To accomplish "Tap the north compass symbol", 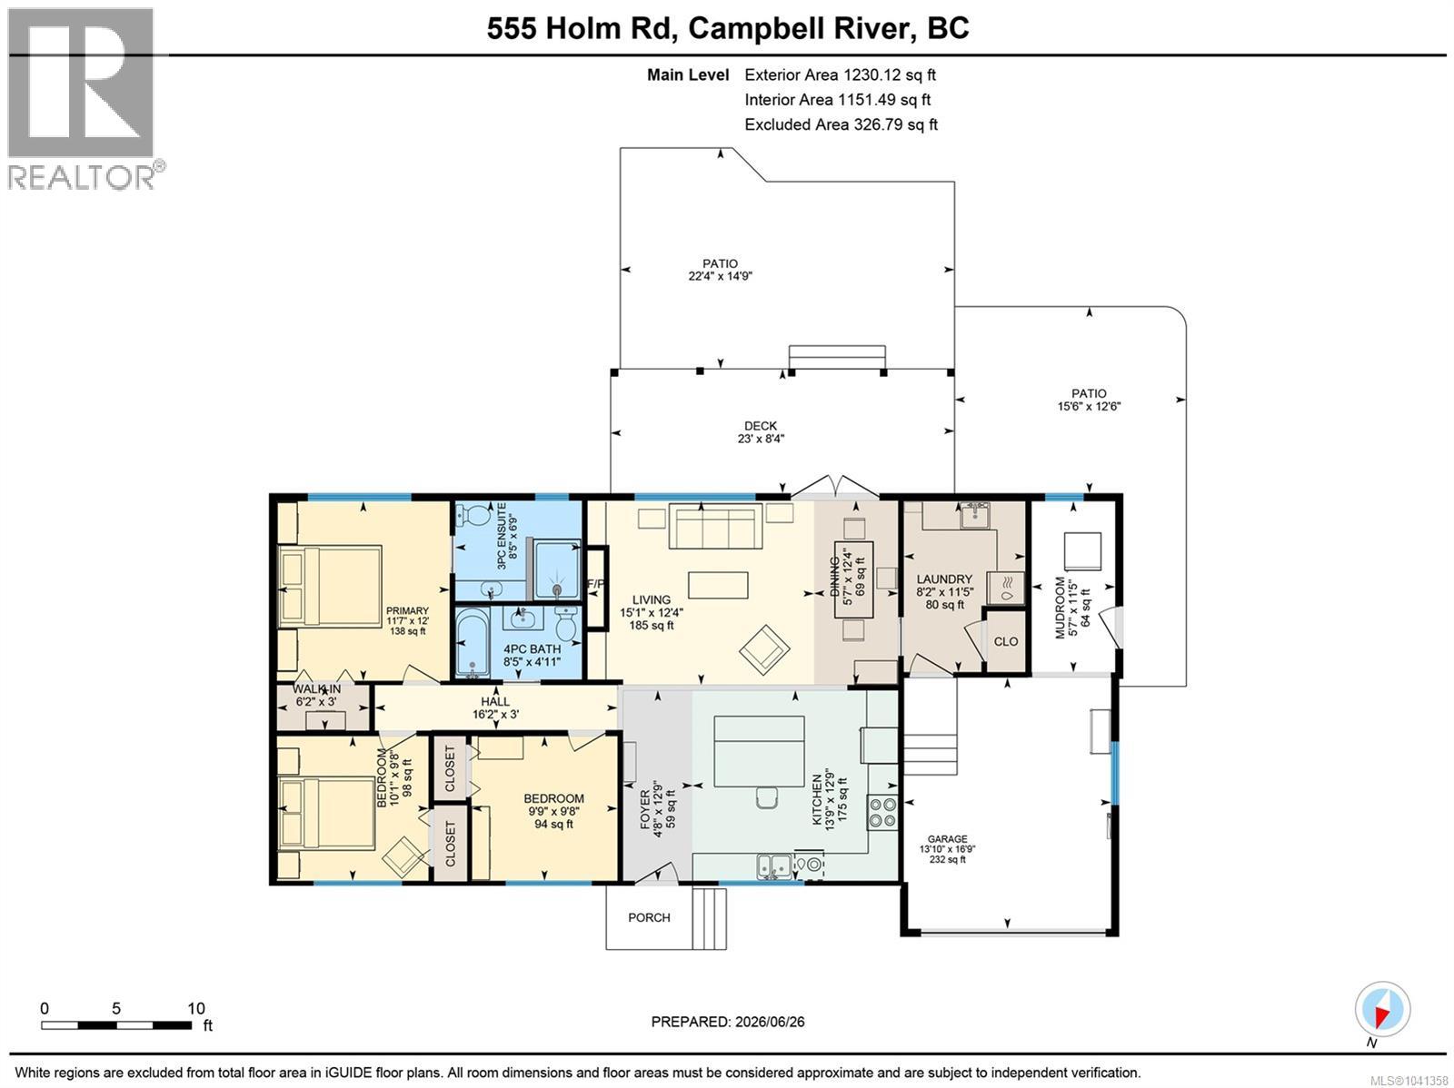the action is pos(1382,1010).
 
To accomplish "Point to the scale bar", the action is pos(116,1025).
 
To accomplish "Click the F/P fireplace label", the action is pos(595,584).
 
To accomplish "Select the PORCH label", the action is pos(649,917).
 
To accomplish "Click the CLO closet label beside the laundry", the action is pos(1006,641).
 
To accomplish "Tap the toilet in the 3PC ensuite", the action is pos(473,514).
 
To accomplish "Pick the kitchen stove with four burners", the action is pos(882,813).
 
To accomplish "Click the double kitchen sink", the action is pos(774,865).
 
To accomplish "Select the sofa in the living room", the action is pos(716,526).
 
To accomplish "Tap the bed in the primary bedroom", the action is pos(330,586).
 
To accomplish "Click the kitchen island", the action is pos(759,751).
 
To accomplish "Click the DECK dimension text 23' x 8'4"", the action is pos(761,438).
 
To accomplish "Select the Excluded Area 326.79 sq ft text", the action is pos(841,124).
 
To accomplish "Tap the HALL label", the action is pos(495,701).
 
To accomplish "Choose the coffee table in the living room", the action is pos(718,586).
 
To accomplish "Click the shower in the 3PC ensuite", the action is pos(557,569).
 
